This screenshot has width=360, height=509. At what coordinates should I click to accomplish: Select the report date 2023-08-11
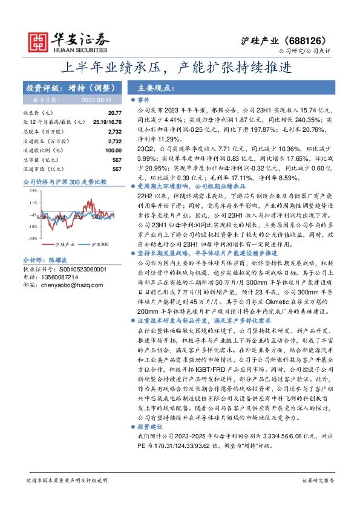pyautogui.click(x=103, y=100)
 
